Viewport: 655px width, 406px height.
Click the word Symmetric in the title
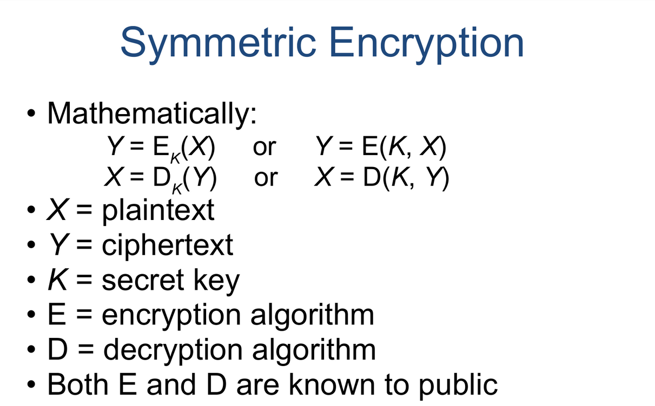(217, 43)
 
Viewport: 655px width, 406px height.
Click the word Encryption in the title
(427, 43)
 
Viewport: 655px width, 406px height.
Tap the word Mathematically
(151, 114)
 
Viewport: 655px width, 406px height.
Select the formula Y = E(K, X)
(380, 147)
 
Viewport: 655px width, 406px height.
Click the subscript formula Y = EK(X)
(161, 148)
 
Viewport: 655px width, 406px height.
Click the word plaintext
(158, 210)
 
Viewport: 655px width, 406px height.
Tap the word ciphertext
(167, 245)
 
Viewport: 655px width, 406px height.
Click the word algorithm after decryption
(313, 350)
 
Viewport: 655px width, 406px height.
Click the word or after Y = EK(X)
(264, 147)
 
